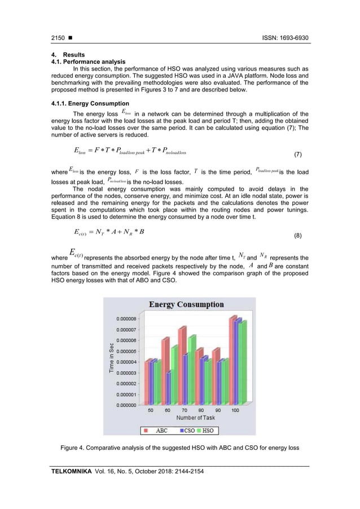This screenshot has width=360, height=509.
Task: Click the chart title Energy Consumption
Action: coord(186,305)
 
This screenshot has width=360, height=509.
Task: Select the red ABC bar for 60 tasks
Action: coord(165,372)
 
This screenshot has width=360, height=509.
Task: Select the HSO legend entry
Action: coord(207,430)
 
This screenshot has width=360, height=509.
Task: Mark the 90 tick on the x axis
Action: coord(218,410)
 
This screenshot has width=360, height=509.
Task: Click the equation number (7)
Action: coord(302,154)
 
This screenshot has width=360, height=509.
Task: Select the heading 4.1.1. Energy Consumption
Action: coord(90,103)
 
